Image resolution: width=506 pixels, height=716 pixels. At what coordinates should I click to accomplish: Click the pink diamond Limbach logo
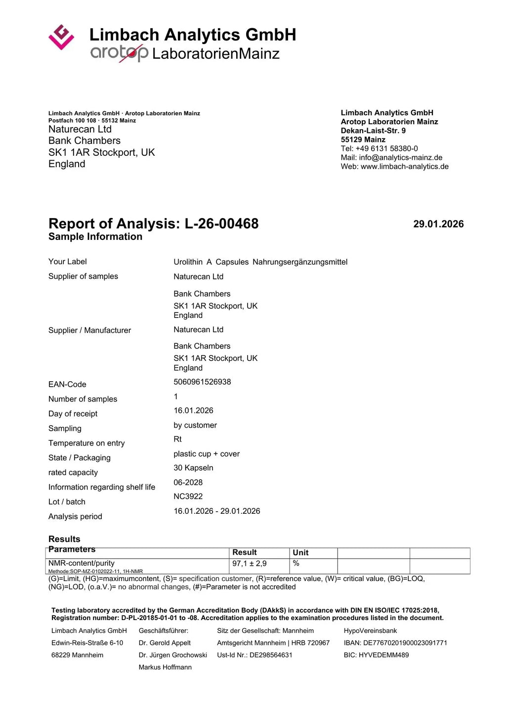(61, 37)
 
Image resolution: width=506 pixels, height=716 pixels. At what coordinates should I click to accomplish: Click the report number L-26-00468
(221, 224)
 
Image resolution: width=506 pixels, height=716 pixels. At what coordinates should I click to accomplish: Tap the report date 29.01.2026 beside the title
(438, 224)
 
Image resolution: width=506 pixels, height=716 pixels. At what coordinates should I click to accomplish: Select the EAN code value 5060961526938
(202, 382)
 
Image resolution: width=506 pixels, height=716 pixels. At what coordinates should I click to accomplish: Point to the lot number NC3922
(188, 496)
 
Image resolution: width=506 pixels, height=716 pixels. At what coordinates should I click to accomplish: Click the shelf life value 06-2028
(188, 482)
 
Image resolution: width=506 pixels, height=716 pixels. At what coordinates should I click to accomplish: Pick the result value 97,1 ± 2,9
(250, 564)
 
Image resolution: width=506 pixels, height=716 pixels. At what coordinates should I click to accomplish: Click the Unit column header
(300, 553)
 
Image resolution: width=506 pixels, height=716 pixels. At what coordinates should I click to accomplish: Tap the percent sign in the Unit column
(296, 564)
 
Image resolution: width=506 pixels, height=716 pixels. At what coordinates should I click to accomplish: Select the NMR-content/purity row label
(82, 563)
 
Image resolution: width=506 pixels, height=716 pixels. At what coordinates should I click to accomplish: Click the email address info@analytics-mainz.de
(400, 157)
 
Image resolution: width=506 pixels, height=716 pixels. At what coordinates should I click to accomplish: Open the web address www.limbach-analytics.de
(404, 166)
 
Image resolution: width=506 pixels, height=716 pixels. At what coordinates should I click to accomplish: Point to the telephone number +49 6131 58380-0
(386, 148)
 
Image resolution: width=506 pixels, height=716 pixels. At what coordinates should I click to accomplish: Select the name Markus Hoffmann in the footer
(165, 668)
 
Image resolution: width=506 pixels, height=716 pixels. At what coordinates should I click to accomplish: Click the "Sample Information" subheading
(95, 237)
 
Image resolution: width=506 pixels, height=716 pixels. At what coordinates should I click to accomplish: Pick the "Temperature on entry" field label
(86, 443)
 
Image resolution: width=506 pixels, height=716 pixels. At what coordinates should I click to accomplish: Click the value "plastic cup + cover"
(207, 454)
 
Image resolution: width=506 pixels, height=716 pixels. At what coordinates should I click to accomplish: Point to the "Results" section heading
(64, 539)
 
